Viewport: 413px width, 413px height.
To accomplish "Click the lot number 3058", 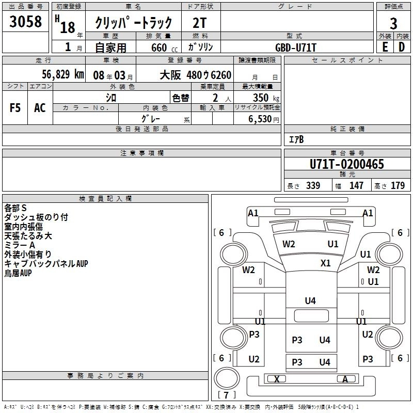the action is pos(25,22).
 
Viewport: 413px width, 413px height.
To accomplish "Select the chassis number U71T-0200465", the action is pos(347,164).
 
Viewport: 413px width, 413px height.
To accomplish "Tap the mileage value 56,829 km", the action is pos(63,74).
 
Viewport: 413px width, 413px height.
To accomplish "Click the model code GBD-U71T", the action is pos(295,47).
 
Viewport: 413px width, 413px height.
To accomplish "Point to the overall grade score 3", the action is pos(393,24).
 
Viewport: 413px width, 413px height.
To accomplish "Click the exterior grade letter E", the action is pos(385,47).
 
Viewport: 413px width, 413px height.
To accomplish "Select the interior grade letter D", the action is pos(402,47).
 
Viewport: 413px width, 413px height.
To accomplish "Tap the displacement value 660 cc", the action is pos(164,48).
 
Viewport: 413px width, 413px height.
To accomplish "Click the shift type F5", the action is pos(15,108).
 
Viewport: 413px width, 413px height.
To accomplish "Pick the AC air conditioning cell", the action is pos(40,108).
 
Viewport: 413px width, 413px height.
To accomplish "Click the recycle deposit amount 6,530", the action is pos(260,119).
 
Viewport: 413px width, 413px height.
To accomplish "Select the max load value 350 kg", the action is pos(266,98).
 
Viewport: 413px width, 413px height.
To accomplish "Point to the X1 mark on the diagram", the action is pos(326,263).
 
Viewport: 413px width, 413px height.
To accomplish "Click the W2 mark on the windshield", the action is pos(289,244).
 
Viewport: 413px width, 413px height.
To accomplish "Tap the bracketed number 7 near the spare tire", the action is pos(226,395).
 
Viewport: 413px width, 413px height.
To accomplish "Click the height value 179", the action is pos(398,185).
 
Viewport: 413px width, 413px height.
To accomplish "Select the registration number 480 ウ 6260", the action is pos(209,75).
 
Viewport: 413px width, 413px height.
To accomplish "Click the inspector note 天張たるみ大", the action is pos(28,236).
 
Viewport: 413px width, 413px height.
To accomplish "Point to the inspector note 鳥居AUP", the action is pos(18,273).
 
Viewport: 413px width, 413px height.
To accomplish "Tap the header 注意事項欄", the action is pos(142,153).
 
